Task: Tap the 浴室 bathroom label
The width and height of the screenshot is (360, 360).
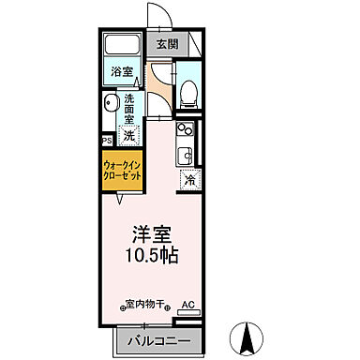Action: click(121, 72)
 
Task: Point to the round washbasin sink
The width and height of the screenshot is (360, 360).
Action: click(110, 103)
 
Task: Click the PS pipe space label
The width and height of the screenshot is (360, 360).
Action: click(107, 142)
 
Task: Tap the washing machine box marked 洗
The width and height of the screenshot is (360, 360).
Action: click(129, 134)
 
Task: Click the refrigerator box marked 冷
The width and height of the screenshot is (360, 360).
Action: click(188, 180)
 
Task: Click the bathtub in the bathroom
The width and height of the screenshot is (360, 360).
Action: click(122, 46)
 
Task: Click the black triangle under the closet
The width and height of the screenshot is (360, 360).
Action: click(119, 199)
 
